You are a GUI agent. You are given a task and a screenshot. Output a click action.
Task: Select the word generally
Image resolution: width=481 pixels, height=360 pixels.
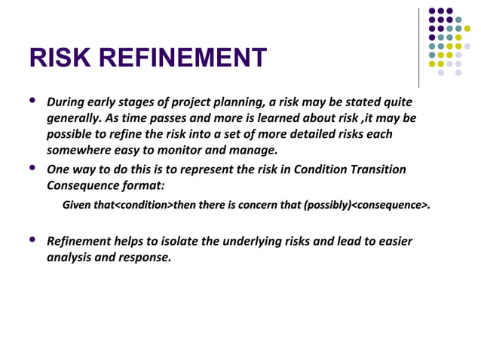tap(72, 119)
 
